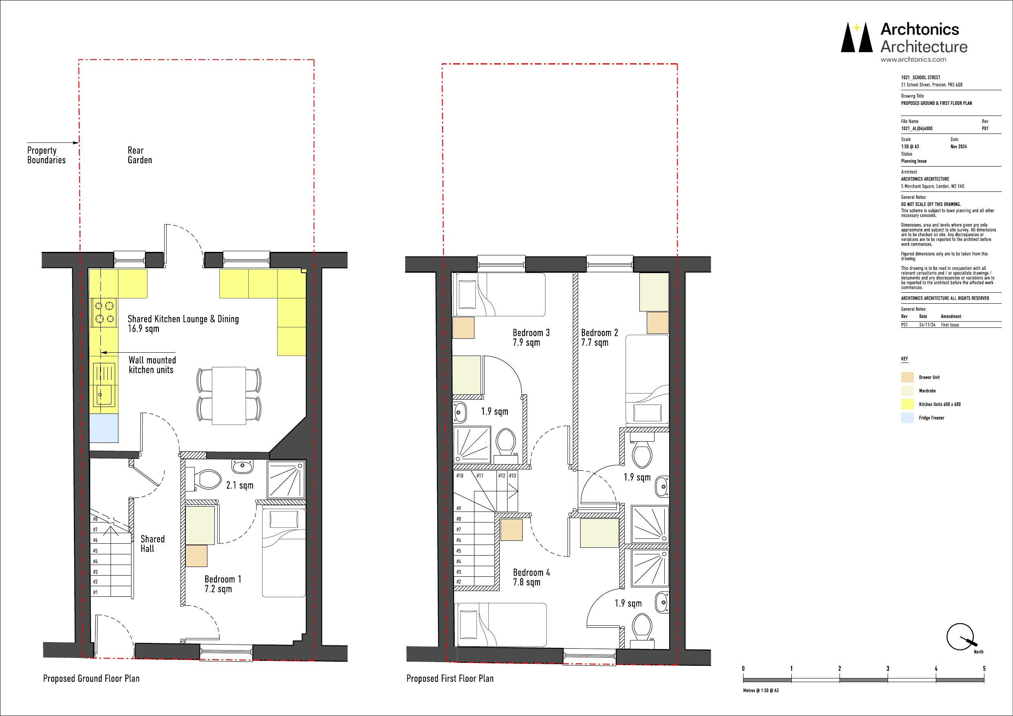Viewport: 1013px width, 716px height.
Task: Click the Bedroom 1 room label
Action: tap(223, 579)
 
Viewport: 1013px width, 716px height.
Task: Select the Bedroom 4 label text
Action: tap(531, 573)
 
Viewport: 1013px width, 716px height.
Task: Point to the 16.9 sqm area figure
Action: tap(143, 329)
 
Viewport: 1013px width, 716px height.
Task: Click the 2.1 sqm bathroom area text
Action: tap(240, 485)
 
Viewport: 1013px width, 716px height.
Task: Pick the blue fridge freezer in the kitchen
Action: tap(104, 428)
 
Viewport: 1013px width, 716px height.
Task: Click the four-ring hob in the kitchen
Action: tap(104, 312)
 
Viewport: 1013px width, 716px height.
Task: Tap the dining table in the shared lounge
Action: tap(229, 396)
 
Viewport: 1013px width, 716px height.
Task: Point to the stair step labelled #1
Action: tap(95, 592)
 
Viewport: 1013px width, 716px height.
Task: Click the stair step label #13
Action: tap(512, 476)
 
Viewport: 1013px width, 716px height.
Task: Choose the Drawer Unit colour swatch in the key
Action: tap(907, 377)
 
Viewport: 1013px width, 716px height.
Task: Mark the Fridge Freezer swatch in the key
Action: tap(907, 418)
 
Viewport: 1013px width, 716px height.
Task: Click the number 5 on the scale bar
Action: tap(984, 669)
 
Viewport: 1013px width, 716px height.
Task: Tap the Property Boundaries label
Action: tap(46, 155)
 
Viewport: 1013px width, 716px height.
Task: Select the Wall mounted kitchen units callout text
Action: tap(152, 365)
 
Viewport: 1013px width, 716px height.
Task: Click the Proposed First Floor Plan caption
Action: tap(450, 678)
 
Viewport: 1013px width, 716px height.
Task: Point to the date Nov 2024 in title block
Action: tap(958, 147)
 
